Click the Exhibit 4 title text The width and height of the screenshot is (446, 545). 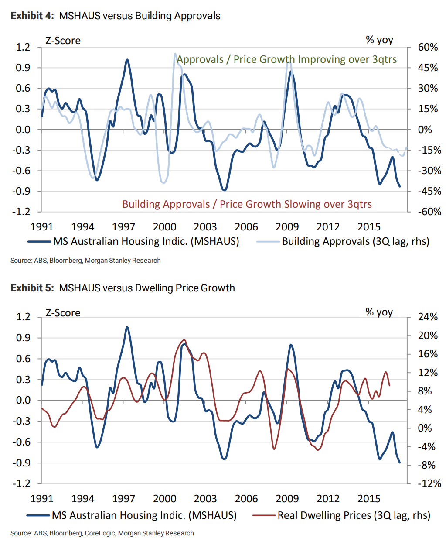point(116,16)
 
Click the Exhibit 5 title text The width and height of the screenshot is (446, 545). point(123,288)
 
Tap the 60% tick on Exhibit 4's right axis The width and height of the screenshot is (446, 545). point(428,47)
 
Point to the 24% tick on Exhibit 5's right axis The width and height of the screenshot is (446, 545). point(428,317)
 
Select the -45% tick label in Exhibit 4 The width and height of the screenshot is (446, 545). point(428,191)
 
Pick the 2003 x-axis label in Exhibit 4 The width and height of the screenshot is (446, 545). point(205,227)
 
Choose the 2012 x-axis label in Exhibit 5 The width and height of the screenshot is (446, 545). point(328,499)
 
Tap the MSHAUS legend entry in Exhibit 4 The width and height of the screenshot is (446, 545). point(133,241)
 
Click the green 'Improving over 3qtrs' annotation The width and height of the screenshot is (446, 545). point(287,59)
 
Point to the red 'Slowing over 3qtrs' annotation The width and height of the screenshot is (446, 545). point(247,204)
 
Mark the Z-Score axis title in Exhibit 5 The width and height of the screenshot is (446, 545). point(63,313)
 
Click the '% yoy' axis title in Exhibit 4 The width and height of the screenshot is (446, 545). point(379,40)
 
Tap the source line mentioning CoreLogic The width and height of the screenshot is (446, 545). point(102,533)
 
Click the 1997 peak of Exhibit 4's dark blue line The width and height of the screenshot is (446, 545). point(127,60)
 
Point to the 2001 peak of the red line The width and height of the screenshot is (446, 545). point(184,340)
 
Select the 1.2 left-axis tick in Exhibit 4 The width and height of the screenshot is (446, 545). point(23,47)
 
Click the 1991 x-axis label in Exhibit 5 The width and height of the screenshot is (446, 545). point(42,499)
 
